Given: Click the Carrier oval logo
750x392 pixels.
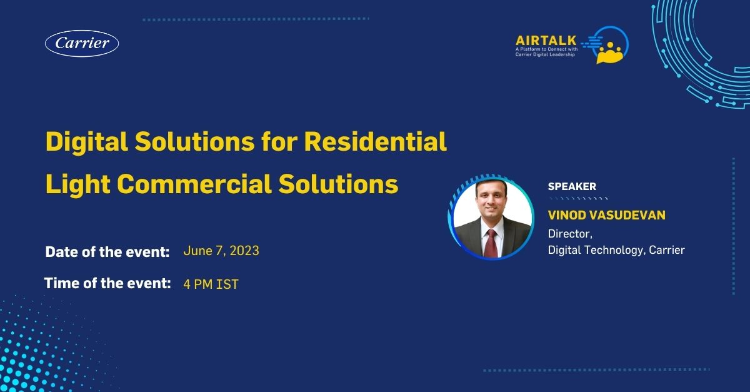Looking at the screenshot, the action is [82, 43].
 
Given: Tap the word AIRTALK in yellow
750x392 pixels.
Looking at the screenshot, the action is [546, 41].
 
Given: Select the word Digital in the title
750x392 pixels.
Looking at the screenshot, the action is [87, 142].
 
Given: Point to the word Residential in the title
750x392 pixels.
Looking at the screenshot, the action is [376, 141].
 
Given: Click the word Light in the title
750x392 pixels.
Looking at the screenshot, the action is [78, 184].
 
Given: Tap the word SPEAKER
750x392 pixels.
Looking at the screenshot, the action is [572, 186].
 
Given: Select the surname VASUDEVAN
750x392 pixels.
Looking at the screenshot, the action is [627, 215].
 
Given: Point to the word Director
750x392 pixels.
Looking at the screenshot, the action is [570, 234].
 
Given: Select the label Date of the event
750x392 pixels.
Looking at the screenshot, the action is [107, 252].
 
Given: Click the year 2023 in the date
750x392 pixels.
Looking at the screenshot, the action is [244, 251].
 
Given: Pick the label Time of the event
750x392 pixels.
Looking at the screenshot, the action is [107, 283].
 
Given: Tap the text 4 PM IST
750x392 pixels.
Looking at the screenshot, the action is [211, 284].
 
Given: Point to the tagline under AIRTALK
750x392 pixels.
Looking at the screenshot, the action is [546, 52].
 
